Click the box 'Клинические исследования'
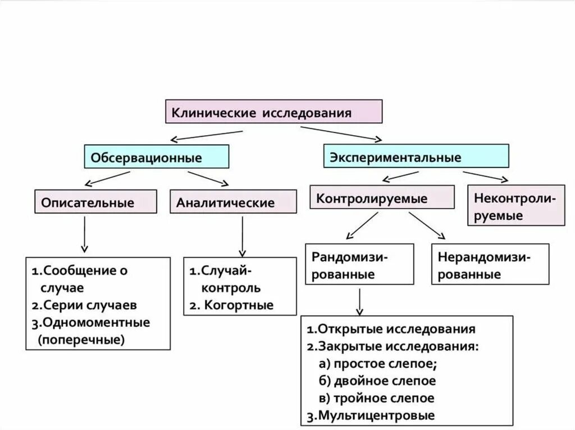coord(273,112)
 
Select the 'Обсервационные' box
coord(157,156)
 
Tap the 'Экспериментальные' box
coord(416,156)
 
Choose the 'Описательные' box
coord(95,202)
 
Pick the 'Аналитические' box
coord(233,202)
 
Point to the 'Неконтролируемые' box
coord(516,206)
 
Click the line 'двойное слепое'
coord(385,381)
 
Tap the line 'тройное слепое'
coord(384,399)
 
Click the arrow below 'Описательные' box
coord(84,234)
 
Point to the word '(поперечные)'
coord(81,340)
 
